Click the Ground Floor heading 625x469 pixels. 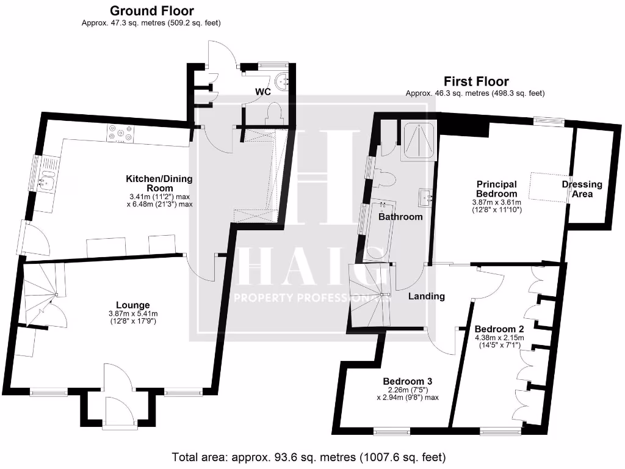151,11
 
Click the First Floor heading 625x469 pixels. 475,81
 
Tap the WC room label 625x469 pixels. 263,92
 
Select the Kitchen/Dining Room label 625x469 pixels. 159,183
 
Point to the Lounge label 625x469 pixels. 133,305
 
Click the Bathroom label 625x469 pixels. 400,217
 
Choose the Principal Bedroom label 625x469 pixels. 496,189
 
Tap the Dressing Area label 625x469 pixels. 582,189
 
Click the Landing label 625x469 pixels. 427,296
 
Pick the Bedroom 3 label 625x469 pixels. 403,377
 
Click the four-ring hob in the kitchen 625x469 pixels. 120,133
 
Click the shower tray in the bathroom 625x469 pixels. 418,141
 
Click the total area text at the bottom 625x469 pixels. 309,457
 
